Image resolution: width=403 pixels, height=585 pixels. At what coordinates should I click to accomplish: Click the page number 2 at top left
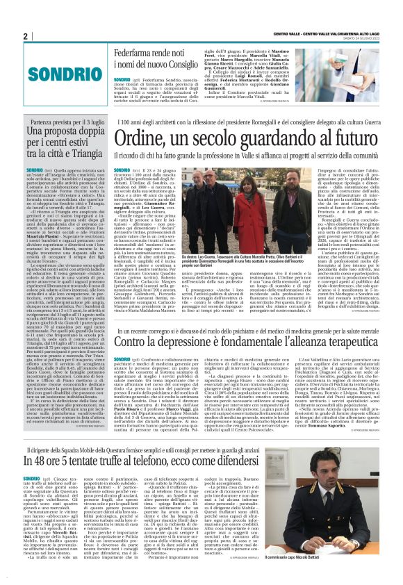pos(25,36)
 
